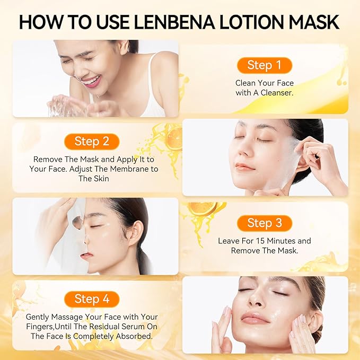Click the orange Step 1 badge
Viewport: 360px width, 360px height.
click(264, 65)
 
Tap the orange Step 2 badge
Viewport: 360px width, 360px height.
click(91, 141)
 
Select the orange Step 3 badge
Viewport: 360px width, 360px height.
click(264, 223)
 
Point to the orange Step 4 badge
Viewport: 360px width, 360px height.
click(91, 299)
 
